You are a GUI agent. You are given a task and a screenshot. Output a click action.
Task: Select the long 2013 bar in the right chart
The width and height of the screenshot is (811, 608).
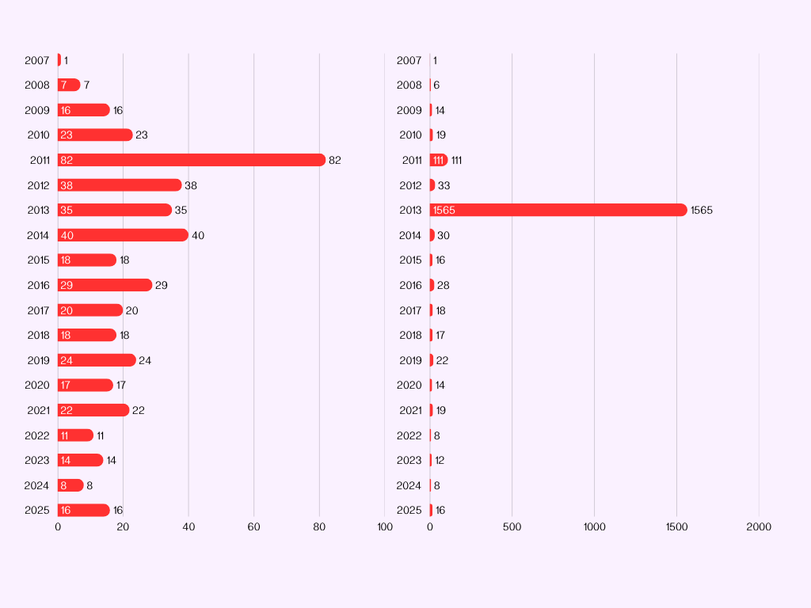click(558, 210)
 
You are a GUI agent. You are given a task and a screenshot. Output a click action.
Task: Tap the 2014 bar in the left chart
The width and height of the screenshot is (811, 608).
click(123, 235)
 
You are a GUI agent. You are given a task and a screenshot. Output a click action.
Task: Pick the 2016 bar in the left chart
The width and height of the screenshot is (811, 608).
click(105, 285)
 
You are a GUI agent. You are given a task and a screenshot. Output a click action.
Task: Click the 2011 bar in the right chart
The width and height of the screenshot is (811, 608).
click(439, 160)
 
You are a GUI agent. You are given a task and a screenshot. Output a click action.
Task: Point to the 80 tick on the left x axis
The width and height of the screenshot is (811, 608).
click(319, 526)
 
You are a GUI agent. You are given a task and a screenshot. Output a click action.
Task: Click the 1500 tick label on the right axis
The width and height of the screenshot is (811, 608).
click(676, 526)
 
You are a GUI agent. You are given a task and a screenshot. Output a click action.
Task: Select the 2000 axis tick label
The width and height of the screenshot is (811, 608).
click(759, 526)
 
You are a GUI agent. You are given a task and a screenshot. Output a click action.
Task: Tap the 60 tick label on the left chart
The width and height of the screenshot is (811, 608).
click(253, 526)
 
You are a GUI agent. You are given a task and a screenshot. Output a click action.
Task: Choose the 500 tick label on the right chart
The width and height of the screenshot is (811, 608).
click(512, 526)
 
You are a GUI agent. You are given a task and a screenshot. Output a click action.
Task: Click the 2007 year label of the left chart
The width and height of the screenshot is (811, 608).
click(37, 60)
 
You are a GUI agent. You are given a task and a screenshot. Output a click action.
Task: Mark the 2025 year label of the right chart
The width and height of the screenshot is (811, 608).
click(409, 510)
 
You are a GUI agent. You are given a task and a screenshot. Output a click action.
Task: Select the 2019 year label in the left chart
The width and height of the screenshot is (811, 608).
click(38, 360)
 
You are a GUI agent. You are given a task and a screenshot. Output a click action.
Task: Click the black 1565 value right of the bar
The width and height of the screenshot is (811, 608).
click(702, 210)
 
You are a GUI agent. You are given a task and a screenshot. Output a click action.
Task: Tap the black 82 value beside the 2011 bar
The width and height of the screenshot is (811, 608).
click(335, 160)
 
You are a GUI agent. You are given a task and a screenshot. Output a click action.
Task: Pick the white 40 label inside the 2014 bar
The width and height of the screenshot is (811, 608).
click(67, 235)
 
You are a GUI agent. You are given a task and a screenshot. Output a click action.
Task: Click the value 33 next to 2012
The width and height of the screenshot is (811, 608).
click(444, 185)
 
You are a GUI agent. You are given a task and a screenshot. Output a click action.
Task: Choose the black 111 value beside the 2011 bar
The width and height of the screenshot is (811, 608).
click(457, 160)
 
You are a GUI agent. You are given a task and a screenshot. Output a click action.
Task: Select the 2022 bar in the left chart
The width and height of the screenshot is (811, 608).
click(75, 435)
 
